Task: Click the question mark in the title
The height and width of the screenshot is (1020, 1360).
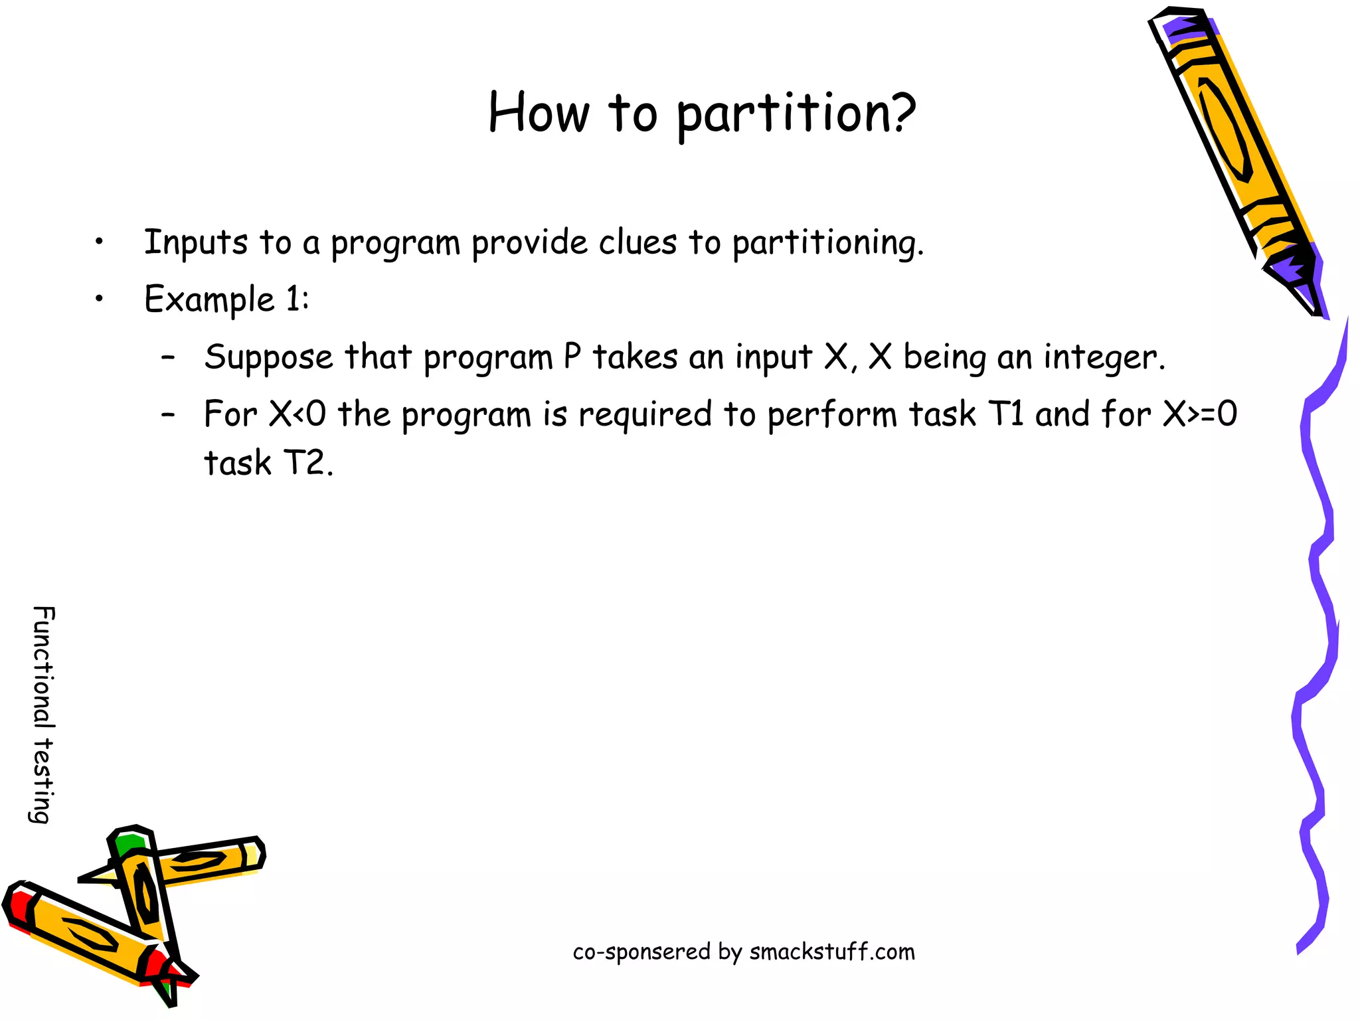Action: (x=900, y=113)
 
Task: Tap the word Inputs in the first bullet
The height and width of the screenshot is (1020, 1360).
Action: (x=195, y=242)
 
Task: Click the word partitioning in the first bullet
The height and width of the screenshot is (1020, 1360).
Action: (x=827, y=243)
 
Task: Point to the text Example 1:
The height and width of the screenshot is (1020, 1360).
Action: (x=226, y=299)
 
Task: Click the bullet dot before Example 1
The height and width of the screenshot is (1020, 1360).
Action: (x=99, y=299)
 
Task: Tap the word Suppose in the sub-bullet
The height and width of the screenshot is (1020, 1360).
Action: (x=268, y=358)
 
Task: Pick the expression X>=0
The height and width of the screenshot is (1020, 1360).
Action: (x=1199, y=414)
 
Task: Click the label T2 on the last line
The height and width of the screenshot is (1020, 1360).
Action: (x=307, y=463)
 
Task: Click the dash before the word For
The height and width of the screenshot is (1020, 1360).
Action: (x=169, y=414)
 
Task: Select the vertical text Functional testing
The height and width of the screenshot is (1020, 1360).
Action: (x=43, y=714)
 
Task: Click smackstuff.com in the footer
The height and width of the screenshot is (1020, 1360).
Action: (x=831, y=952)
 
